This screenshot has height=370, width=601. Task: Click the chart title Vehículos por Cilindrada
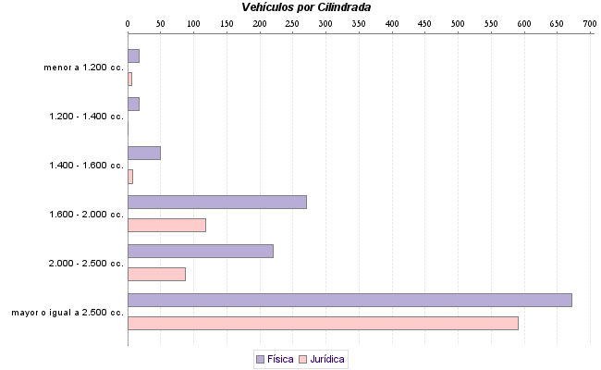click(x=306, y=7)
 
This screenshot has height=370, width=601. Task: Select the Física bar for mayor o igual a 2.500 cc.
click(x=350, y=300)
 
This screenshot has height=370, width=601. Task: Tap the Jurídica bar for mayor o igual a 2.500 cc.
click(x=323, y=324)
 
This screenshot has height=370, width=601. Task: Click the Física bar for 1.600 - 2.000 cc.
click(x=216, y=202)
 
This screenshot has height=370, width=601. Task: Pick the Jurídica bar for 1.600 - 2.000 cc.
click(x=166, y=225)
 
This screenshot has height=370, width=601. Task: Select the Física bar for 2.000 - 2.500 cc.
click(x=200, y=251)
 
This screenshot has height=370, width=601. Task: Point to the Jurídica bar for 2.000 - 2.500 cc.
click(x=156, y=274)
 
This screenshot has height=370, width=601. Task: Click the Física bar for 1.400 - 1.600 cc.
click(x=143, y=153)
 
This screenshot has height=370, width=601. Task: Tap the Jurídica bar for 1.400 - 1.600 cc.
click(x=130, y=176)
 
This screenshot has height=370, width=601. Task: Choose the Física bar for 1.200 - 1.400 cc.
click(x=133, y=104)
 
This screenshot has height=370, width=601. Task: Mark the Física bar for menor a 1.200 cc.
click(x=133, y=55)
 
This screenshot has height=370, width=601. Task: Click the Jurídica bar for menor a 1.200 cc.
click(x=129, y=79)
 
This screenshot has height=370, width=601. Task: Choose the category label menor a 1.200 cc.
click(x=83, y=68)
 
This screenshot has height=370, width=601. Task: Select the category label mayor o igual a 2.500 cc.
click(x=67, y=312)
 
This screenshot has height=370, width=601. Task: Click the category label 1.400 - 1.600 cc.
click(x=86, y=165)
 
